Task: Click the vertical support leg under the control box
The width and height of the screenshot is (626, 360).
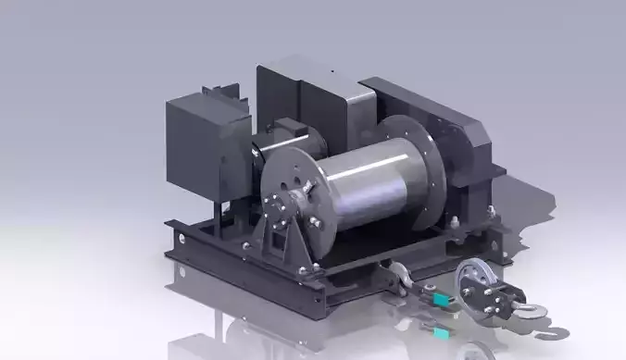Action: click(219, 217)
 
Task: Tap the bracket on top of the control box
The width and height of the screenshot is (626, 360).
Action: click(220, 92)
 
